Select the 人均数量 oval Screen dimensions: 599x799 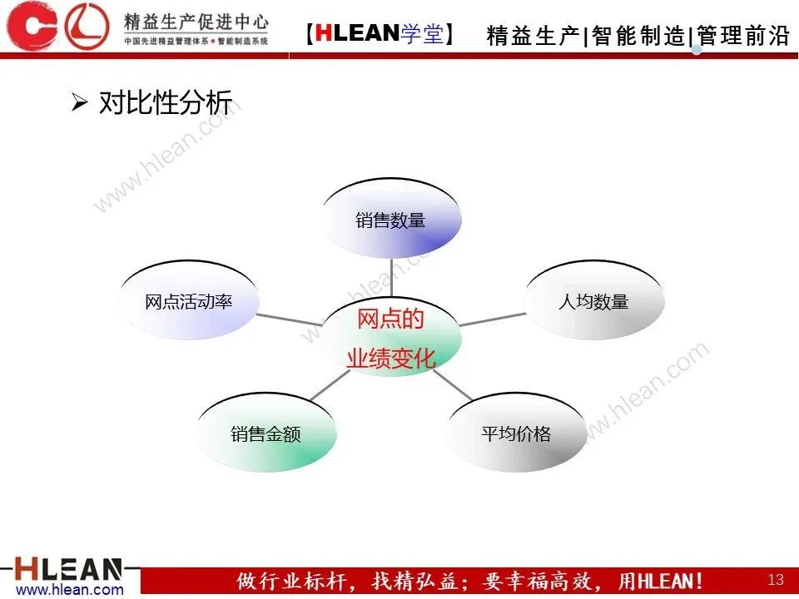593,301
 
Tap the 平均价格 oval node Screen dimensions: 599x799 515,433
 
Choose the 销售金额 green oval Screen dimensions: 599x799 266,433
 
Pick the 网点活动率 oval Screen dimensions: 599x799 188,301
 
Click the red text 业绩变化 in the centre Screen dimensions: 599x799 390,359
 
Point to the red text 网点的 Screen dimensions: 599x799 390,319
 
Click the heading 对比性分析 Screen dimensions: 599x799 165,104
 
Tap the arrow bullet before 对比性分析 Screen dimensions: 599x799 79,104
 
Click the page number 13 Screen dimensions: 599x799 776,579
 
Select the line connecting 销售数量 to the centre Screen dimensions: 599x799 391,277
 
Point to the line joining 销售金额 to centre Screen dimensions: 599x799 330,385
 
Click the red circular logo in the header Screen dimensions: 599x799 87,26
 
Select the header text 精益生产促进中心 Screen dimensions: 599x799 195,20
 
